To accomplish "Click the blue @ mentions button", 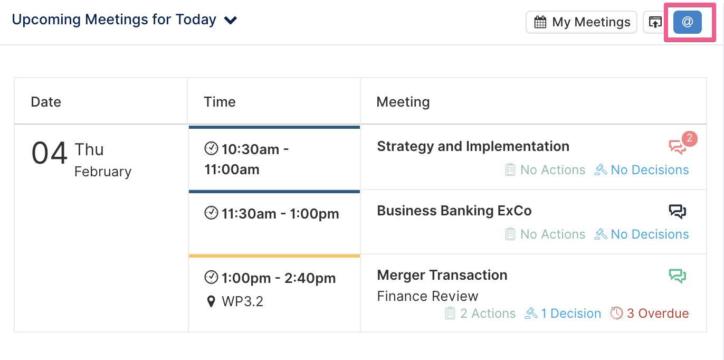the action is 687,22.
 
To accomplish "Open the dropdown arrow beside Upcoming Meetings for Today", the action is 231,21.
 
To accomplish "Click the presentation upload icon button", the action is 655,22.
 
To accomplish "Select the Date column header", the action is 46,102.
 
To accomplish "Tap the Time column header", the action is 220,102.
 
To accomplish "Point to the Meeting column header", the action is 403,102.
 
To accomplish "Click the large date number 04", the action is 49,153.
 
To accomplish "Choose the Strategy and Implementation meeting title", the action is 473,146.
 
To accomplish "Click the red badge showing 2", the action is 689,139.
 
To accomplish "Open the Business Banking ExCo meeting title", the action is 454,211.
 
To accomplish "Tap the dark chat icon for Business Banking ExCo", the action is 678,212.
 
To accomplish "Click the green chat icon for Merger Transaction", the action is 678,276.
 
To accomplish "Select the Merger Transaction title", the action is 442,275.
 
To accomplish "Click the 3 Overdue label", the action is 650,313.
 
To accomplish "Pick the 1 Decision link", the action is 563,313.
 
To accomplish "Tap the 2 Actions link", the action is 480,313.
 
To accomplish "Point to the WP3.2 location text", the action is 242,301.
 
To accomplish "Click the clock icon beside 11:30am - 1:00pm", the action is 211,213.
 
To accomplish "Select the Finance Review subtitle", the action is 427,296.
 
